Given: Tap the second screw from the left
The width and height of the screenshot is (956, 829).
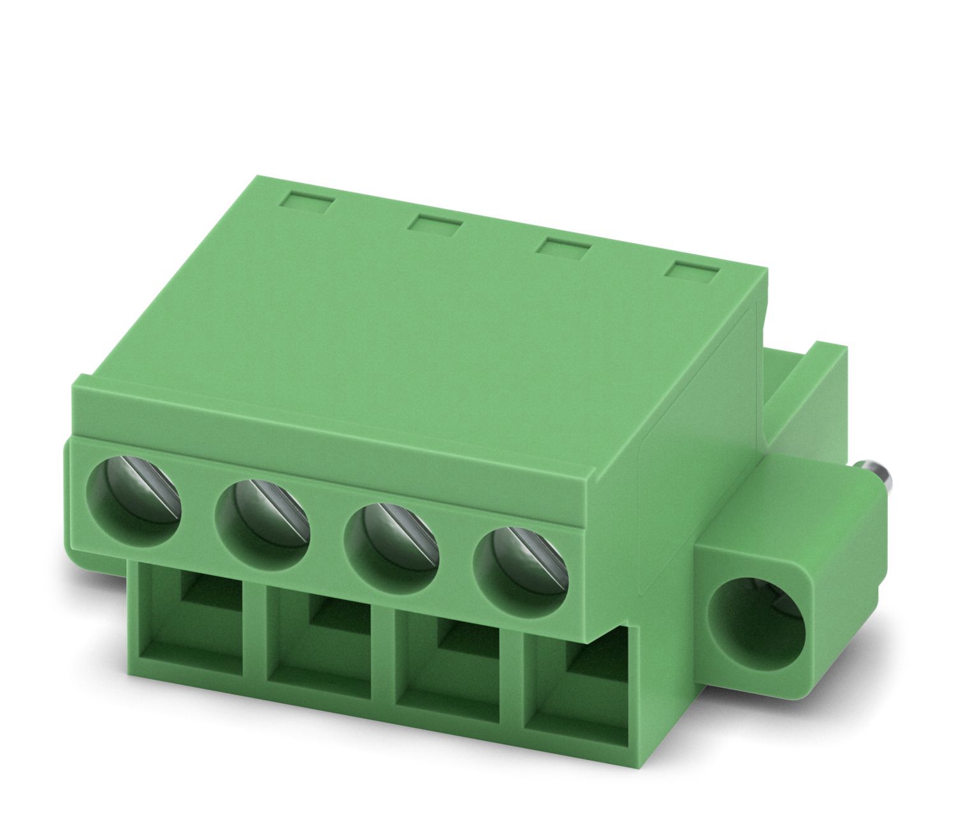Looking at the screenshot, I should coord(263,515).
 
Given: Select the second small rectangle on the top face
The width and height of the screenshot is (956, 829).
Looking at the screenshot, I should coord(436,225).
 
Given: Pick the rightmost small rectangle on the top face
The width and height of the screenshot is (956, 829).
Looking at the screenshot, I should coord(691,272).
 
